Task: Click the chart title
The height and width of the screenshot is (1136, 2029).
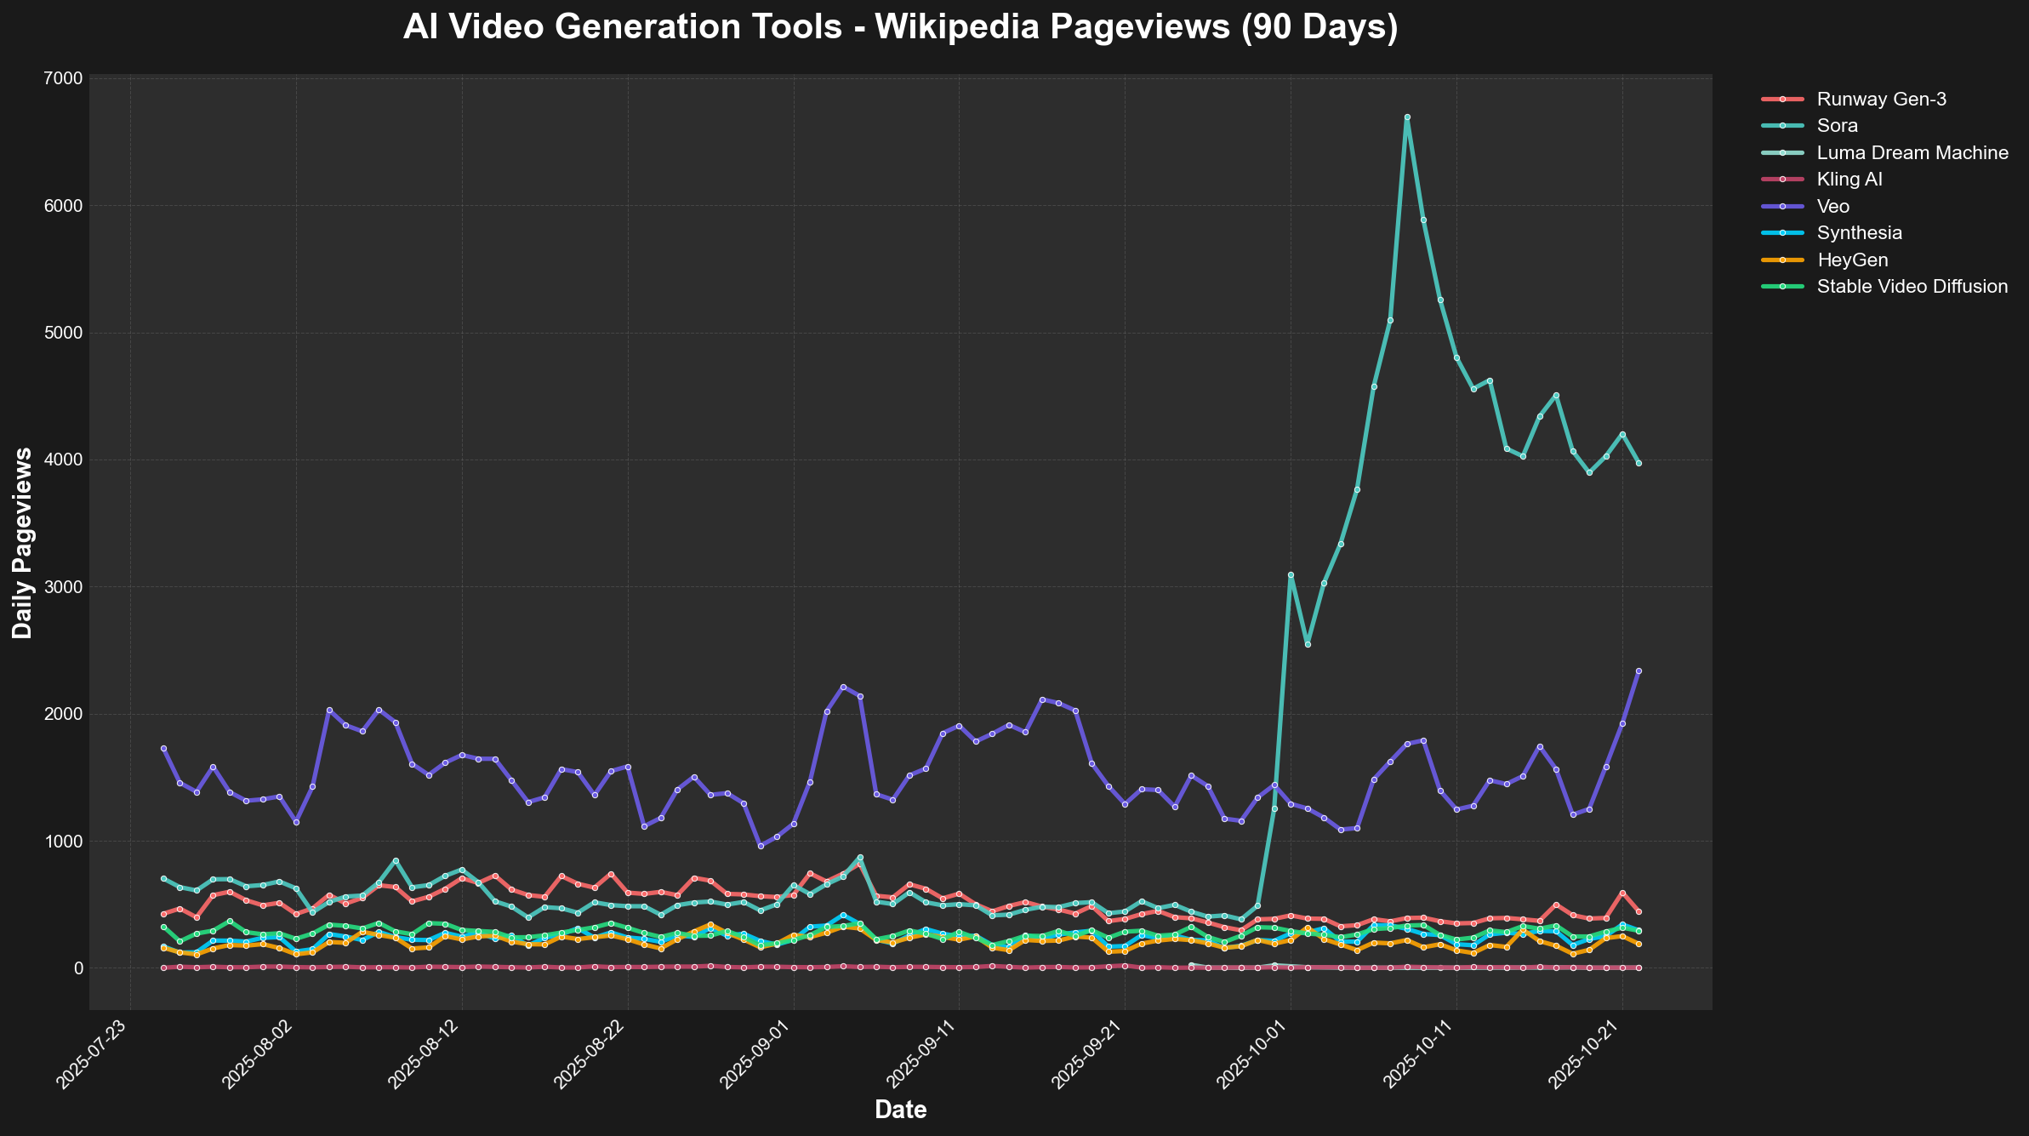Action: coord(900,27)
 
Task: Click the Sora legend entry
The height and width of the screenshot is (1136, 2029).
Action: coord(1837,126)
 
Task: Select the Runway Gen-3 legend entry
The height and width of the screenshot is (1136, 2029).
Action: coord(1881,99)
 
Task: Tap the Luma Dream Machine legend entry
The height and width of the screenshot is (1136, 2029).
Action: coord(1912,153)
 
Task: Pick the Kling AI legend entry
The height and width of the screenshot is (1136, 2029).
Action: coord(1849,180)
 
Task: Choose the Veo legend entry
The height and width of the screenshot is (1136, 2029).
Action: coord(1832,207)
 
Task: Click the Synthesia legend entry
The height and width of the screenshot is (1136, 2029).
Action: coord(1859,233)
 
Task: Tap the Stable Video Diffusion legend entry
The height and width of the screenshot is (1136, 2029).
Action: coord(1912,287)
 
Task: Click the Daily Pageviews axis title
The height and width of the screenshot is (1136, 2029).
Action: coord(23,543)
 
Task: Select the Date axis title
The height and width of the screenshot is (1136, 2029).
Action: coord(900,1110)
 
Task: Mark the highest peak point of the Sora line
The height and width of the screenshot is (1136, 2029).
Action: coord(1407,117)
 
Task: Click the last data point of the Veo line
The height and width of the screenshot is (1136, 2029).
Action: coord(1639,671)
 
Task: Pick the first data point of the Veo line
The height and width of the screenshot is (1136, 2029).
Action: coord(163,748)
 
